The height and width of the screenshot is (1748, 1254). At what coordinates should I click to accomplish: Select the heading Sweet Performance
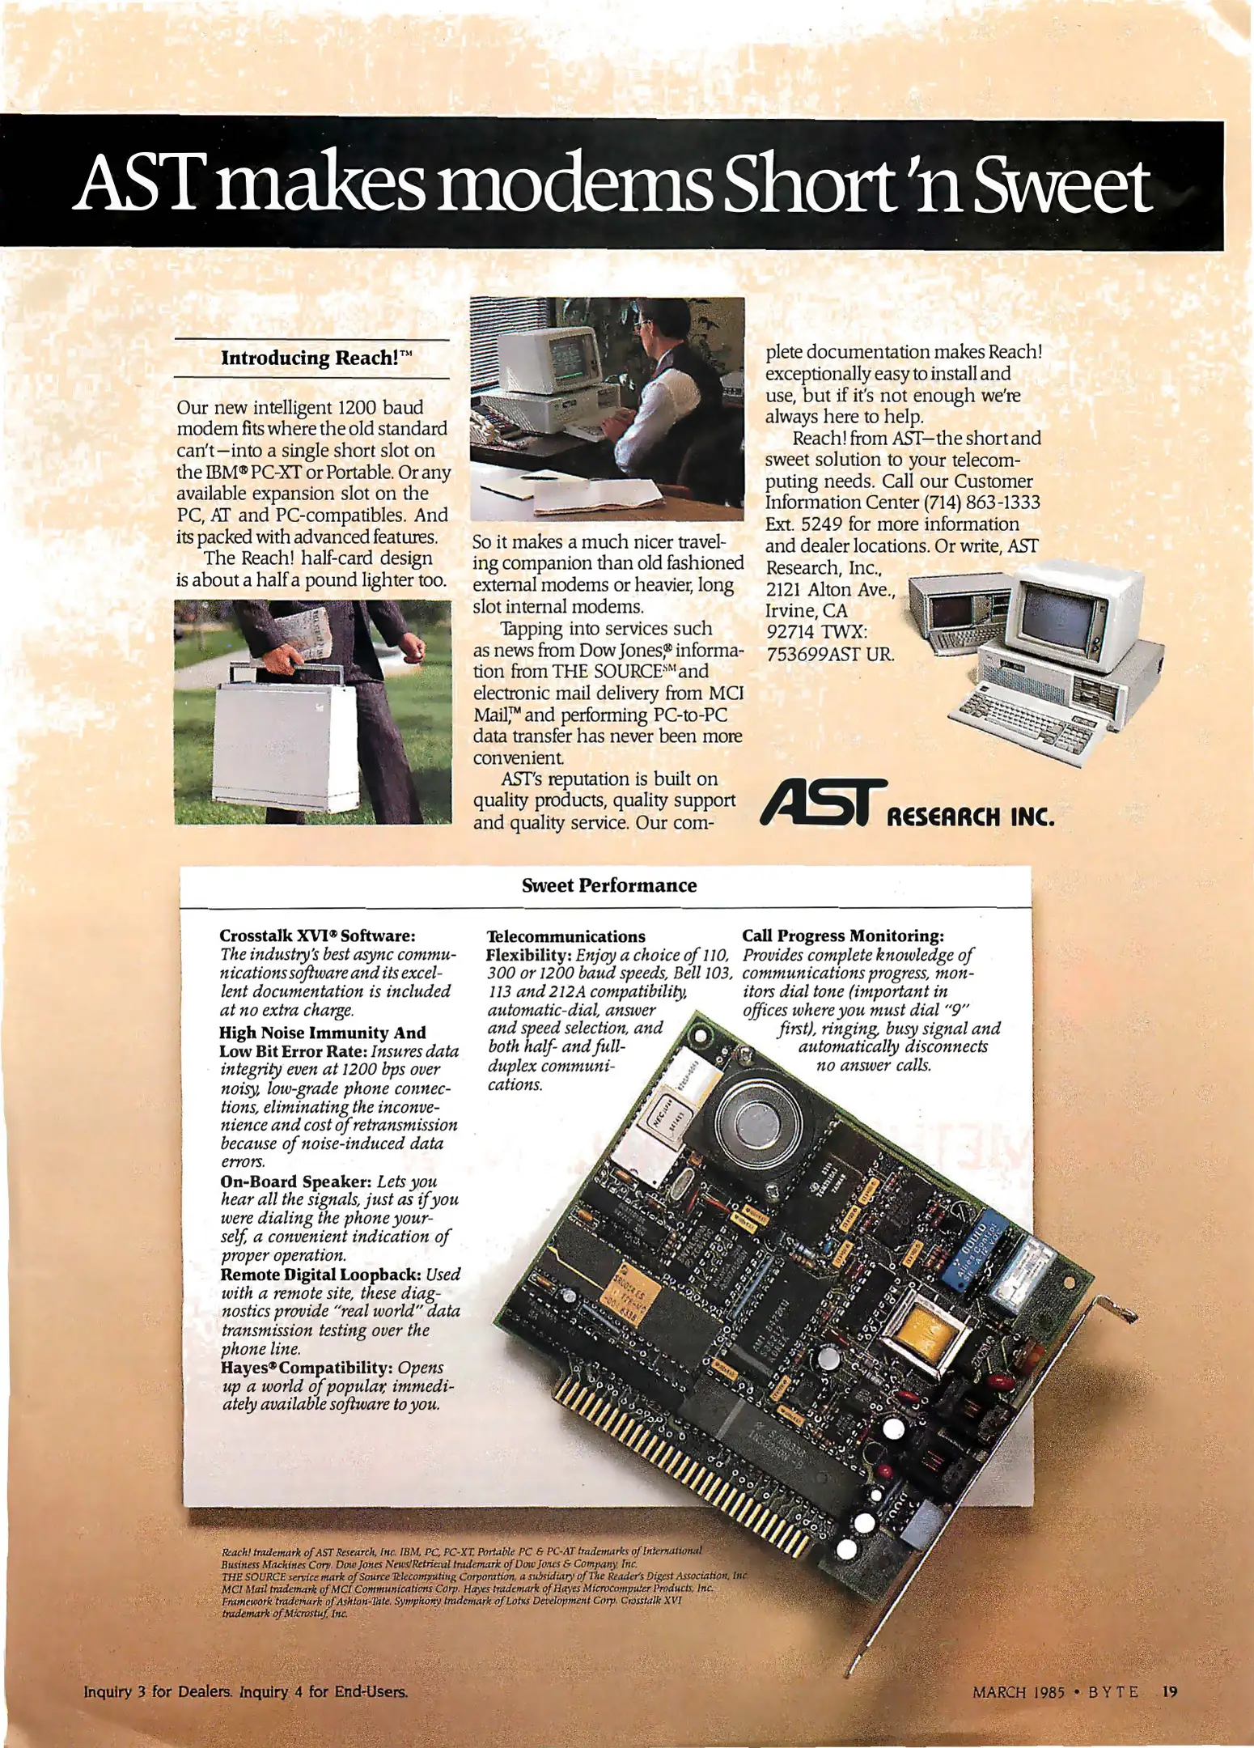(608, 885)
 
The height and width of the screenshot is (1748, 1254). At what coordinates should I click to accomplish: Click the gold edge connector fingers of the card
(688, 1449)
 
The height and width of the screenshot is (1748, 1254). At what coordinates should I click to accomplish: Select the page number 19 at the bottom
(1170, 1692)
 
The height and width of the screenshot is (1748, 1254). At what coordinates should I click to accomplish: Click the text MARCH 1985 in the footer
(1018, 1692)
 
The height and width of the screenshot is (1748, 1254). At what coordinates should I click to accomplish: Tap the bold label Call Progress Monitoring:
(843, 936)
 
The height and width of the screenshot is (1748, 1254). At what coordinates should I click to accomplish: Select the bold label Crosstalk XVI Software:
(317, 936)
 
